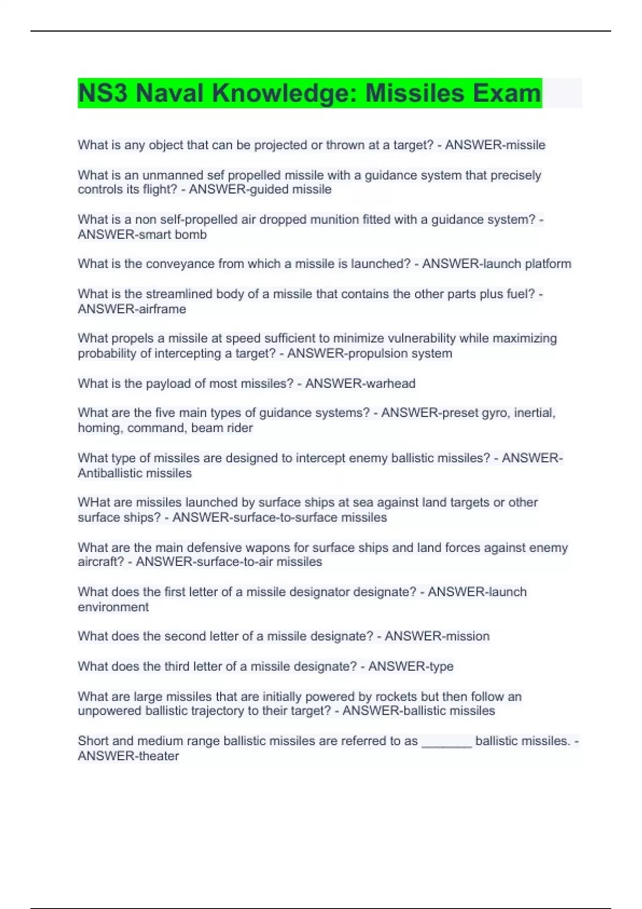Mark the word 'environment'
(x=113, y=607)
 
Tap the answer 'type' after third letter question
(x=441, y=666)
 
